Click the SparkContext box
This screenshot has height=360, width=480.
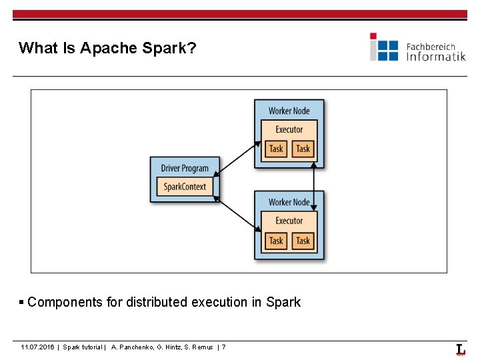coord(185,187)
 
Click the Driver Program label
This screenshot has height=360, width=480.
coord(185,169)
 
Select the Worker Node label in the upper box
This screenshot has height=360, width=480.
coord(289,111)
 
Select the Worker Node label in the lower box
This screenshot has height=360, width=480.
coord(289,202)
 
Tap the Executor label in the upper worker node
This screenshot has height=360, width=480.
coord(289,129)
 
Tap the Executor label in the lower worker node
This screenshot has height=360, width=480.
coord(289,221)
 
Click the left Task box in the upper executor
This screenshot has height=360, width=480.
coord(276,149)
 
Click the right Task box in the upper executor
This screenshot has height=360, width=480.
coord(303,149)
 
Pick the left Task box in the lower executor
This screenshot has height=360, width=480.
coord(276,241)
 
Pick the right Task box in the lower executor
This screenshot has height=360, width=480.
coord(303,241)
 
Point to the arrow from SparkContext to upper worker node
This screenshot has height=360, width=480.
coord(237,158)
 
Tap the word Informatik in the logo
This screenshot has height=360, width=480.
coord(436,57)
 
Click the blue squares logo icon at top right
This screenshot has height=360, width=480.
coord(384,47)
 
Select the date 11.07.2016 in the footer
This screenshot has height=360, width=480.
coord(38,347)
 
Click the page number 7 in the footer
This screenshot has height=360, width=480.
coord(223,347)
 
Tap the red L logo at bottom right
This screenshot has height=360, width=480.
coord(461,349)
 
